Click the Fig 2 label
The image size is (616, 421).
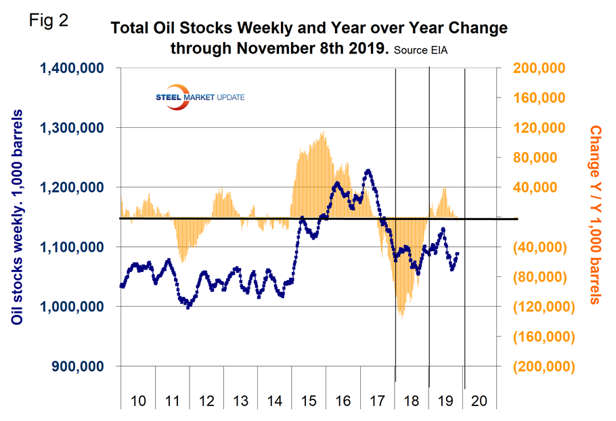(x=49, y=20)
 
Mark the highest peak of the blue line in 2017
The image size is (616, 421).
(x=368, y=171)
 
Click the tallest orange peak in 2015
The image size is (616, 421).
(x=323, y=133)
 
